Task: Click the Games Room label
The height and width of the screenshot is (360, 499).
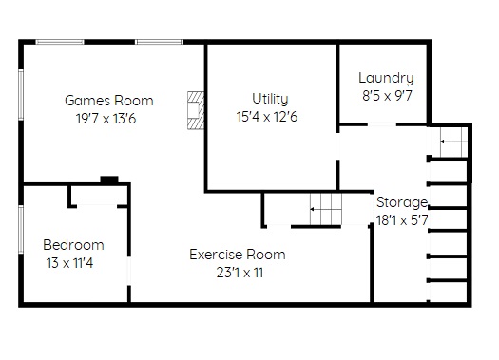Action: (109, 101)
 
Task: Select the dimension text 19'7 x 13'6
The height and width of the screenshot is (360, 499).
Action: (106, 119)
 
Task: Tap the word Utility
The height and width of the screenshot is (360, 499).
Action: (270, 99)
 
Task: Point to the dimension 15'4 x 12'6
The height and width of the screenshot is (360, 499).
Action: (267, 117)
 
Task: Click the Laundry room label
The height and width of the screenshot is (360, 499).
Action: (386, 78)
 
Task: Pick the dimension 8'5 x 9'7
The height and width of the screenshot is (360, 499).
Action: (387, 95)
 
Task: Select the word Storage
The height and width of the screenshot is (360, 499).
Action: (402, 202)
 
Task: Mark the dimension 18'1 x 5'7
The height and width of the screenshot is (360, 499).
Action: (402, 220)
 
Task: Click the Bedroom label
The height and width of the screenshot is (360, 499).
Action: (73, 245)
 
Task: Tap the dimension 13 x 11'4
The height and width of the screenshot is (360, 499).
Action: (69, 263)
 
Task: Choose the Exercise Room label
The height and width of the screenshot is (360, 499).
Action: (238, 255)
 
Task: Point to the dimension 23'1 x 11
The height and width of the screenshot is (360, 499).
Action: (240, 273)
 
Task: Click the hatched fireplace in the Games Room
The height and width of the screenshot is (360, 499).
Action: (196, 110)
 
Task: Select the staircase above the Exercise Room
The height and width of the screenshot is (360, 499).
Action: (326, 209)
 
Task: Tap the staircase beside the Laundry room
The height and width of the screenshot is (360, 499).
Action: (453, 142)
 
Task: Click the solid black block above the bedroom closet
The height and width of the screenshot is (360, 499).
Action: (109, 180)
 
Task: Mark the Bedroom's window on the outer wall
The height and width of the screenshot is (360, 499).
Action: (21, 229)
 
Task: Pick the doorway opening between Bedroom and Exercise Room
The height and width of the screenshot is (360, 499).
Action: (129, 271)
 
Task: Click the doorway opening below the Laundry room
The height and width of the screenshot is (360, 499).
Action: (382, 124)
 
